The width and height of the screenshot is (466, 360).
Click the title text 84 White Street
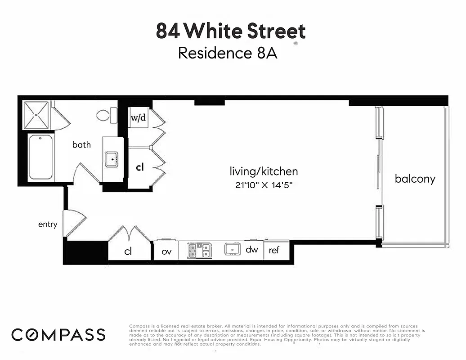[231, 31]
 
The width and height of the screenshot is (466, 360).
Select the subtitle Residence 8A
[227, 53]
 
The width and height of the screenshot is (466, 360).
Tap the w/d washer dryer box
[138, 118]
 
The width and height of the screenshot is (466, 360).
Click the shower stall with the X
[36, 115]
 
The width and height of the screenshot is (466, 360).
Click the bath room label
[81, 144]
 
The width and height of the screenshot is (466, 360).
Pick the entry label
[48, 224]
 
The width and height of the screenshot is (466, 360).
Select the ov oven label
[166, 251]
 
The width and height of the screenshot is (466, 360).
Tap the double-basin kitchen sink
[200, 250]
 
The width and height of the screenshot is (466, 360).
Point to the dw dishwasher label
[252, 249]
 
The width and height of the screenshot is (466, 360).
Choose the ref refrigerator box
[274, 250]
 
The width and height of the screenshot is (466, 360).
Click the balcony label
[415, 179]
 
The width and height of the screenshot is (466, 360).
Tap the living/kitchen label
[264, 171]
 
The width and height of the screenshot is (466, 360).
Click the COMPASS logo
[58, 335]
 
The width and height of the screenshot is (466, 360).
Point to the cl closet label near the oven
[128, 251]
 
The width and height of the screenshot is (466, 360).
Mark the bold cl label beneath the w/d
[140, 167]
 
